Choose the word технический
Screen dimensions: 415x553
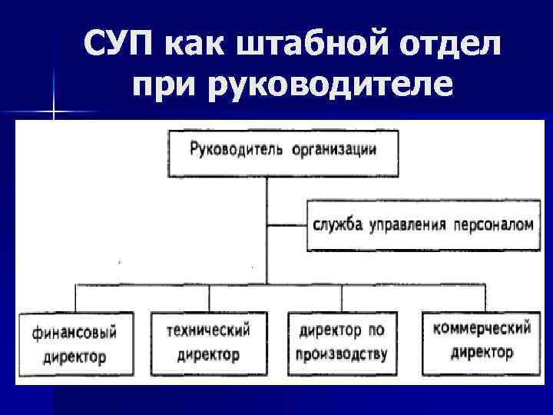coord(208,331)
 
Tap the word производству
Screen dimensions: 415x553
coord(339,354)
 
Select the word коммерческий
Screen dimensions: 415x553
coord(482,329)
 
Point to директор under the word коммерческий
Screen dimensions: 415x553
coord(482,353)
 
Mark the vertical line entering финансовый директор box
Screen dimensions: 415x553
coord(75,297)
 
